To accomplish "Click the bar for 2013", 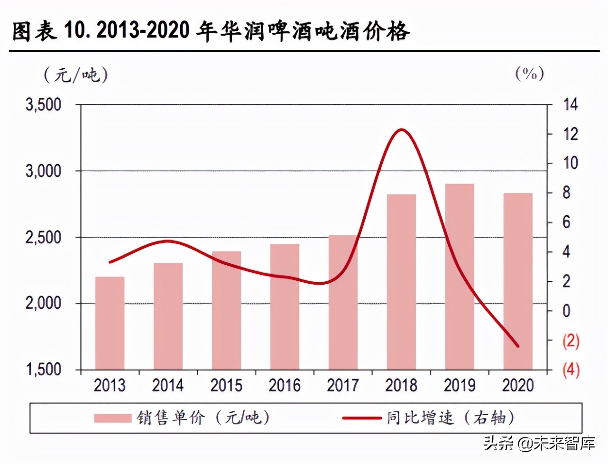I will tap(110, 323).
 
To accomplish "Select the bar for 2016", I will tap(285, 306).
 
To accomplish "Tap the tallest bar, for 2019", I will tap(460, 277).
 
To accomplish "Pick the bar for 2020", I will tap(518, 281).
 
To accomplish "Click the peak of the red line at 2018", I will tap(401, 130).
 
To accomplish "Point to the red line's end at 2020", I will tap(518, 346).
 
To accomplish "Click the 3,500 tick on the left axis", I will tap(44, 105).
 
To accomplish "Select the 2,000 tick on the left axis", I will tap(44, 303).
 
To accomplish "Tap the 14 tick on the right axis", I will tap(570, 105).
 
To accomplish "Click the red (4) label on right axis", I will tap(571, 370).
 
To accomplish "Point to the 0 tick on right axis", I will tap(566, 311).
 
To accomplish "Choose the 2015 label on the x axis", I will tap(226, 385).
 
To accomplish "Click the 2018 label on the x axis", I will tap(401, 385).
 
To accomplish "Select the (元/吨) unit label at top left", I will tap(76, 74).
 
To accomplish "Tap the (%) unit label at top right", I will tap(529, 74).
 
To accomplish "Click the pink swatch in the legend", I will tap(112, 418).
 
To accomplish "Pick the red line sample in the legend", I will tap(361, 418).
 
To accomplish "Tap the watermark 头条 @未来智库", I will tap(539, 444).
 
